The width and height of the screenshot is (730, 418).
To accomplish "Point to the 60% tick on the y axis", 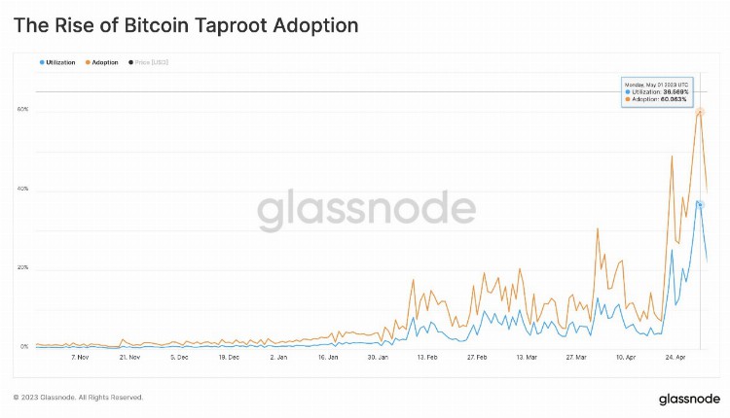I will (22, 110).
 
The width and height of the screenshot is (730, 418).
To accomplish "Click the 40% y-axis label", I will (22, 189).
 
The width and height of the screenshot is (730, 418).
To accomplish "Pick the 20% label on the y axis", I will (22, 267).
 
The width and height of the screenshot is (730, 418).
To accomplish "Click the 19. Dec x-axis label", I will (230, 357).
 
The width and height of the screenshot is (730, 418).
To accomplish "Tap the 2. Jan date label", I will (278, 357).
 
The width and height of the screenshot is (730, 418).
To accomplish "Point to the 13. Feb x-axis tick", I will (425, 357).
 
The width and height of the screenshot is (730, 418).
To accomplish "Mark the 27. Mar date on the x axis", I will (576, 357).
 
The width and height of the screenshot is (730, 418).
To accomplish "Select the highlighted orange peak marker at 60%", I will (700, 112).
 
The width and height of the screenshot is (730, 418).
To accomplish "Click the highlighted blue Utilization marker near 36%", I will (700, 203).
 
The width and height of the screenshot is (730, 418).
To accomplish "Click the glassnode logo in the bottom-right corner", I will (688, 399).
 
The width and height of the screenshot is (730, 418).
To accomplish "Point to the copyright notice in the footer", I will (78, 398).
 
